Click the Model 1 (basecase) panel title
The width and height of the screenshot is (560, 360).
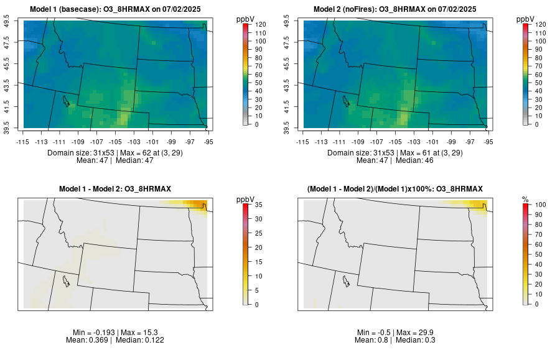tap(118, 9)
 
